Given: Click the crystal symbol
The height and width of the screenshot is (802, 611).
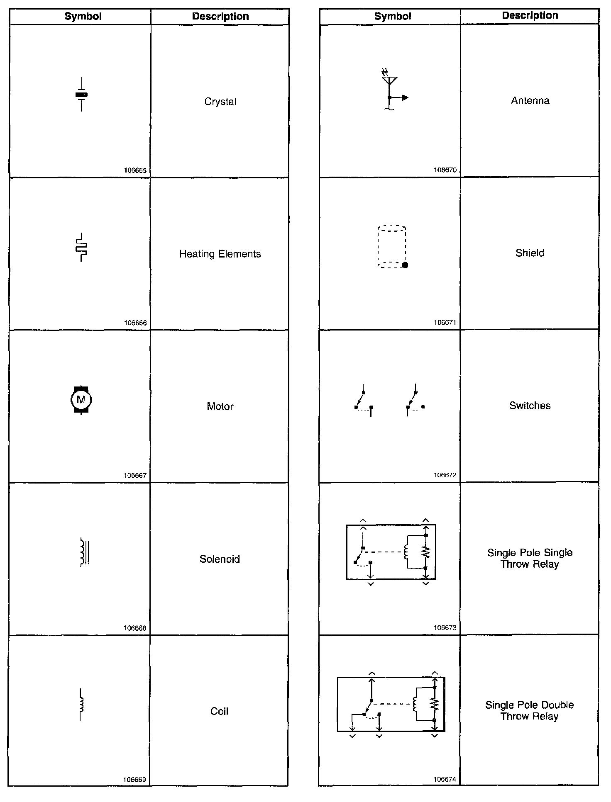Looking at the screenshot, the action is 81,95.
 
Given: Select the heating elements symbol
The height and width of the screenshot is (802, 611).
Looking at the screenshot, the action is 81,247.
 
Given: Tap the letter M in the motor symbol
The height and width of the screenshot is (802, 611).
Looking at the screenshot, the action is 81,400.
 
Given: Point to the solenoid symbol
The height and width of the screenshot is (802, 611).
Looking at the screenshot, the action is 84,552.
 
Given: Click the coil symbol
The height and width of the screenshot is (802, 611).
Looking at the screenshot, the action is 81,704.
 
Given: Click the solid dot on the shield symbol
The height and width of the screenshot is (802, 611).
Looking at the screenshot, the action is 405,265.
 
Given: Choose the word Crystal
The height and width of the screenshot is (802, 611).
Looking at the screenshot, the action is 220,102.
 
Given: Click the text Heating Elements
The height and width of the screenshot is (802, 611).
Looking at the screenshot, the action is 220,254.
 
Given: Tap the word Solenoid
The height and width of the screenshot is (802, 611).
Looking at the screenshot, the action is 220,559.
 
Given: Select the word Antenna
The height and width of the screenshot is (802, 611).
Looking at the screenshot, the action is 530,101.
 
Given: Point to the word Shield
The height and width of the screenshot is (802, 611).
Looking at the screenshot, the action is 530,253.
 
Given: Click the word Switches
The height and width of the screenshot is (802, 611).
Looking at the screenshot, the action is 530,406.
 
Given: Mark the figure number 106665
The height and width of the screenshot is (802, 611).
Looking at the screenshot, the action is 135,170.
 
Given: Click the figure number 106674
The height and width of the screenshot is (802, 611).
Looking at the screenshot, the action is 445,779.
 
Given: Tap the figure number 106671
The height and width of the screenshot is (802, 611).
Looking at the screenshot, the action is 445,322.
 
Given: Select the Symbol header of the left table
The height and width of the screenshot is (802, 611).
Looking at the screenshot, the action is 83,17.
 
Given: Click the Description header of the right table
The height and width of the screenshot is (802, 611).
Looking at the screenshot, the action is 530,16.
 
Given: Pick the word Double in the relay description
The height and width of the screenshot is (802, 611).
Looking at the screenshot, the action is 557,705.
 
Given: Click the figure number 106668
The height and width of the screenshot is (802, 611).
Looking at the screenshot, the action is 135,628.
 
